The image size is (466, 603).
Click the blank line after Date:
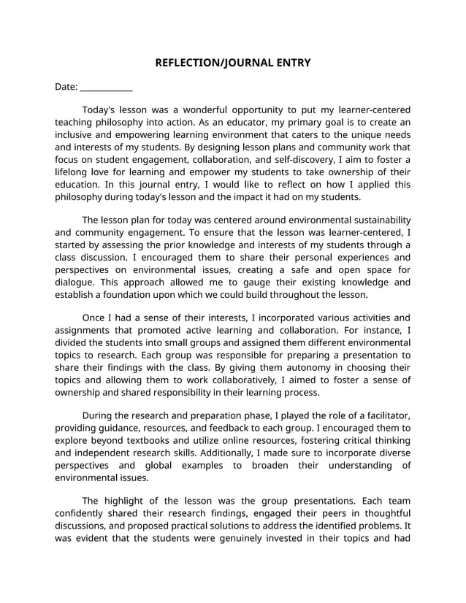click(107, 88)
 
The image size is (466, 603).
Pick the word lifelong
click(73, 172)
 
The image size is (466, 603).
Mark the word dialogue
click(75, 283)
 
